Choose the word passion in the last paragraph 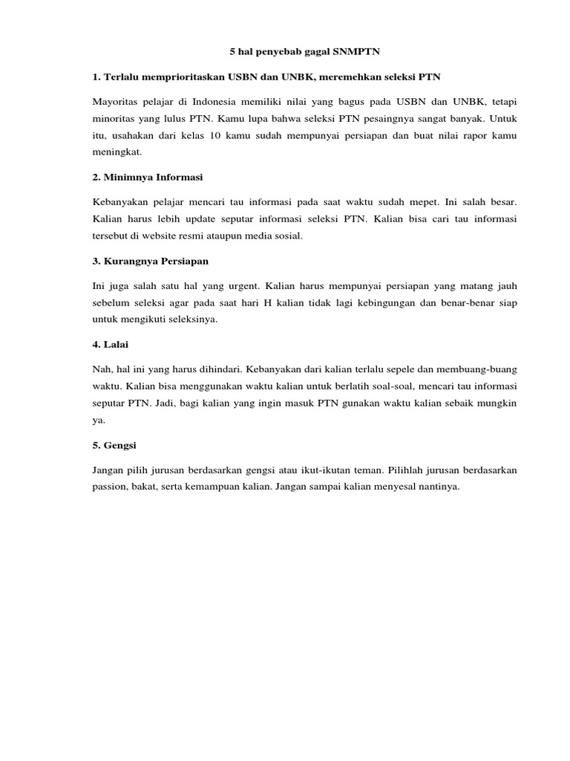(110, 487)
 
